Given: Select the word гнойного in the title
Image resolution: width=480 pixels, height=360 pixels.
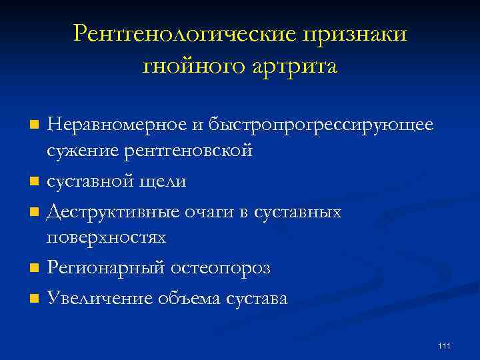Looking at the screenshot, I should coord(195,66).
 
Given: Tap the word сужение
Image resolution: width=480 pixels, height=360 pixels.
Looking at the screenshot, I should coord(83,150).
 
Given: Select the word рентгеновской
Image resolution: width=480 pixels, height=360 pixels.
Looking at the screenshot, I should coord(189,150).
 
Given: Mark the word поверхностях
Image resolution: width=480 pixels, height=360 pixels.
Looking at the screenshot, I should coord(107,238).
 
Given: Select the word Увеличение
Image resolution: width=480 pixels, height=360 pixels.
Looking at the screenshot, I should coord(97,299).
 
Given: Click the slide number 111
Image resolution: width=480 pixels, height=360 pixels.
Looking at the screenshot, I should coord(445,345).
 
